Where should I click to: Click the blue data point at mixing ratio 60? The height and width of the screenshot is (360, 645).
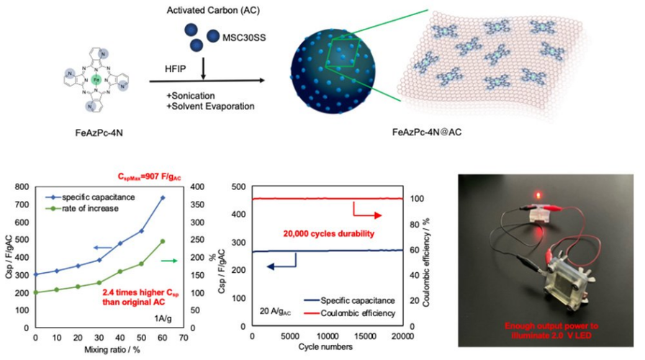[x=162, y=197]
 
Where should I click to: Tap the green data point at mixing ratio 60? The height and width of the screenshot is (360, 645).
[x=162, y=241]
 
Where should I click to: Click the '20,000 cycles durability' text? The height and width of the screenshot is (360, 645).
[x=322, y=233]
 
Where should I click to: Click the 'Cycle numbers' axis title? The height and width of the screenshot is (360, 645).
[x=327, y=348]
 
